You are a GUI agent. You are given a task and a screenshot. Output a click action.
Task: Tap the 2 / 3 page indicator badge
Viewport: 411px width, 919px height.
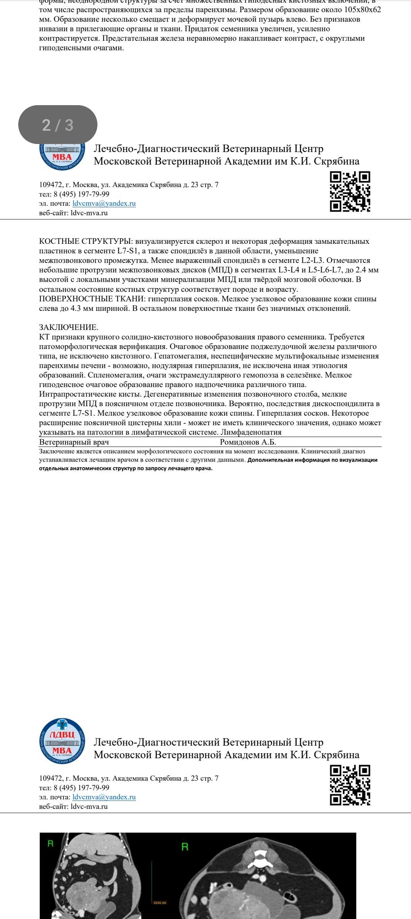coord(58,125)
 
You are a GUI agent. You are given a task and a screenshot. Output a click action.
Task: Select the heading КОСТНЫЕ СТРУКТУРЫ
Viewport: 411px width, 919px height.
coord(86,241)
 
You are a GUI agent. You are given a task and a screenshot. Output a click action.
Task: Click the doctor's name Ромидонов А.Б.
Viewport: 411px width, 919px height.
coord(248,442)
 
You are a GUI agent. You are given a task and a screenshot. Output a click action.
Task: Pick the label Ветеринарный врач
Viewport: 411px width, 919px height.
coord(74,442)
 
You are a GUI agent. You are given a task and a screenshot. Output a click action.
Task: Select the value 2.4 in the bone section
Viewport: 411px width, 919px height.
coord(361,270)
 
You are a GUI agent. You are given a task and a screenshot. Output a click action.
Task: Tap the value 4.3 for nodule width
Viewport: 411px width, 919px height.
coord(76,308)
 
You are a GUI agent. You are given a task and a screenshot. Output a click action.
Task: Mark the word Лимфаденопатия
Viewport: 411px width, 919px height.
coord(251,432)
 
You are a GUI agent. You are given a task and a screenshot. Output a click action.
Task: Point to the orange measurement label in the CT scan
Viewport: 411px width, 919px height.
coord(159,903)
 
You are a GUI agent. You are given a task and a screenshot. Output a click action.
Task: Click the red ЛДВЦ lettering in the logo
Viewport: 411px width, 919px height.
coord(62,735)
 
